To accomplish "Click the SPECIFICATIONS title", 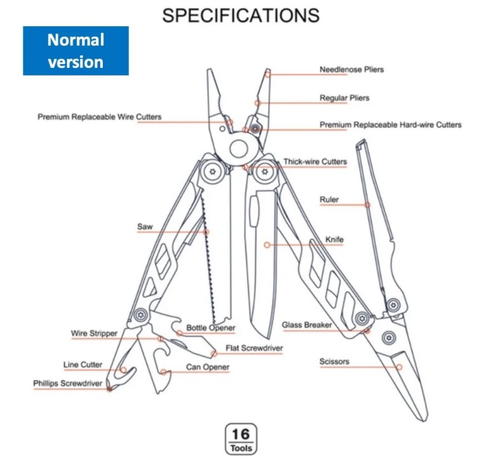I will coord(241,15).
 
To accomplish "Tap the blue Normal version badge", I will coord(76,51).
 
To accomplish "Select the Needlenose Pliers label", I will coord(351,70).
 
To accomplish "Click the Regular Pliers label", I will coord(344,98).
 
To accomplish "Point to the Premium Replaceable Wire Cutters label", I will coord(99,117).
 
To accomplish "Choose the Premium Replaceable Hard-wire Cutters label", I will coord(390,125).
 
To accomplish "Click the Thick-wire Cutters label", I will coord(315,162).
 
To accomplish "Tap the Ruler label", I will coord(329,200).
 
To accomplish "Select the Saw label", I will coord(144,227).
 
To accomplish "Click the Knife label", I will coord(334,240).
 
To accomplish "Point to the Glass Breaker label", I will coord(307,325).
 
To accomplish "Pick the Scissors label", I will coord(334,361).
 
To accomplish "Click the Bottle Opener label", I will coord(211,328).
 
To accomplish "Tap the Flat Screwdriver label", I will coord(254,349).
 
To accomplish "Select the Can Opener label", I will coord(207,367).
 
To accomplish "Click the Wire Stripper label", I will coord(94,333).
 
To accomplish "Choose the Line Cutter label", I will coord(83,365).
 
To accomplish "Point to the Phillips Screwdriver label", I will coord(67,383).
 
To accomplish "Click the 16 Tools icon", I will coord(241,438).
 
